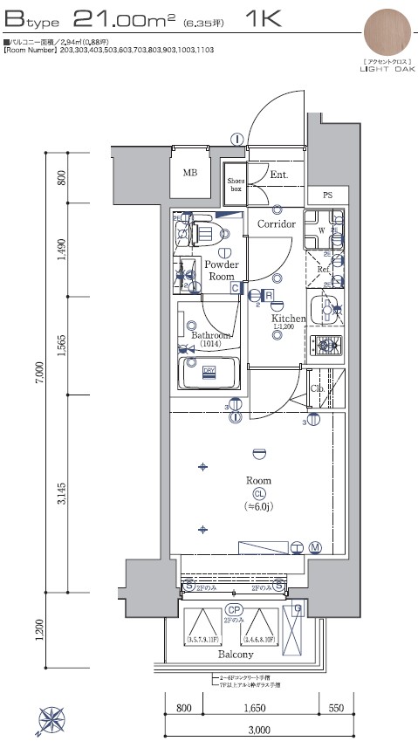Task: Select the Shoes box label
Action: click(x=235, y=182)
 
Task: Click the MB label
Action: click(x=189, y=173)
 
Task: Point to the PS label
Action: click(x=327, y=195)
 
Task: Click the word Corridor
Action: click(x=276, y=224)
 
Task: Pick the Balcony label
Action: click(x=236, y=655)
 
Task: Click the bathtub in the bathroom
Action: click(x=209, y=374)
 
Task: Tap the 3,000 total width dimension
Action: click(x=256, y=730)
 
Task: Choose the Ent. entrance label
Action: click(x=278, y=175)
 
